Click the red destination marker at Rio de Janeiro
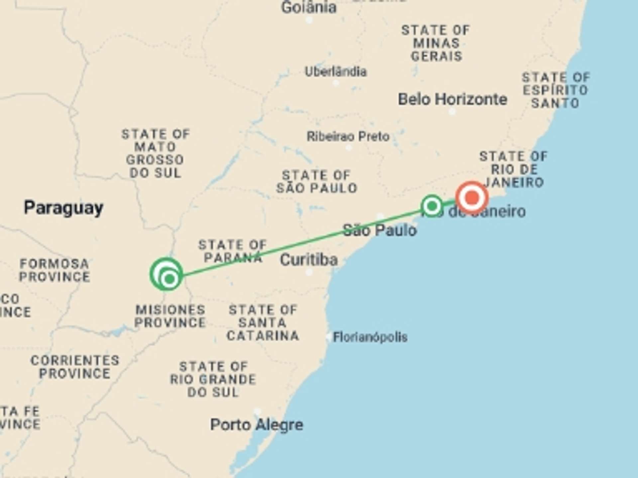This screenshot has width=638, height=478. tap(472, 198)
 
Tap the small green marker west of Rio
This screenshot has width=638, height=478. tap(432, 206)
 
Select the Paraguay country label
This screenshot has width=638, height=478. tap(63, 208)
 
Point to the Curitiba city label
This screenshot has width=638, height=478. tap(309, 260)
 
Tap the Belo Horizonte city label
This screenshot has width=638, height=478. tap(453, 99)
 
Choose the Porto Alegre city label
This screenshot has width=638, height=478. tap(257, 425)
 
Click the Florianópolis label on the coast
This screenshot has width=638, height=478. tap(370, 337)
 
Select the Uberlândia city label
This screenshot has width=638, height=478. tap(336, 72)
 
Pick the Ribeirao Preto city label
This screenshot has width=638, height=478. tap(348, 136)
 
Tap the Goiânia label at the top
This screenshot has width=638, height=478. tap(309, 8)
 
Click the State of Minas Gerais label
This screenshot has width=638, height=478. tap(436, 43)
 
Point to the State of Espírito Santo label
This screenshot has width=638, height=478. tap(556, 90)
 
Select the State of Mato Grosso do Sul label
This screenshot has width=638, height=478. tap(155, 153)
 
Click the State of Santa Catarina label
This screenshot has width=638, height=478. tap(263, 323)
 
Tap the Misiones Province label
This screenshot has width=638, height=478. tap(170, 316)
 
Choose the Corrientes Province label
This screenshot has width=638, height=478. tap(75, 367)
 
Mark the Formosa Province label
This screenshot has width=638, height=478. tap(54, 270)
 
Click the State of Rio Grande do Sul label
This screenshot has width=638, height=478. tap(213, 379)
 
